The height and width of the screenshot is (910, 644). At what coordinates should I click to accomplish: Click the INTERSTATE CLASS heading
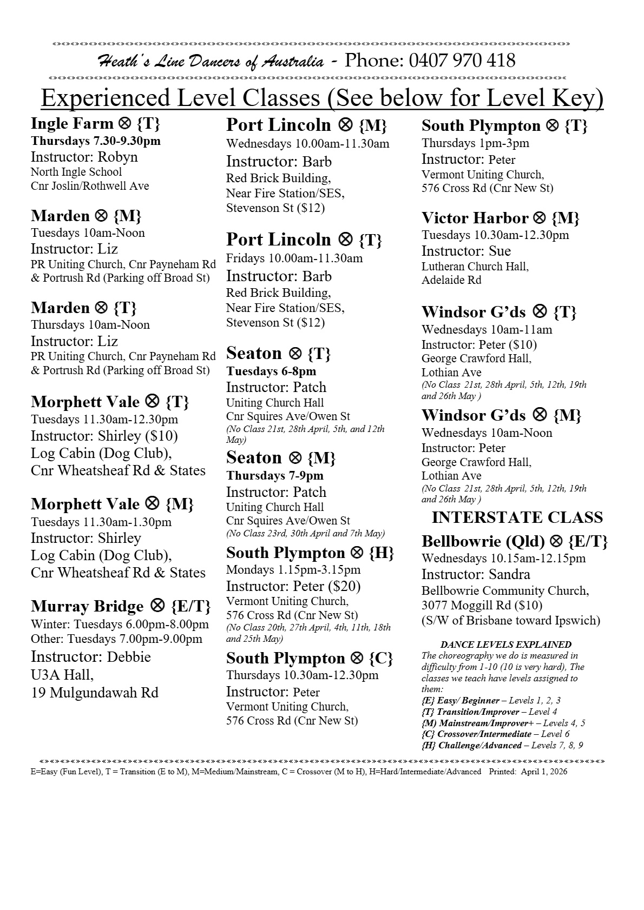coord(517,517)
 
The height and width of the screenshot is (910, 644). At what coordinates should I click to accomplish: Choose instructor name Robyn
coord(117,157)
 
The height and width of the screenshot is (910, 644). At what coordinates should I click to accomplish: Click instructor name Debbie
coord(129,657)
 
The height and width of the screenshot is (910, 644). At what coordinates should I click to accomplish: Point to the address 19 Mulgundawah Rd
coord(94,693)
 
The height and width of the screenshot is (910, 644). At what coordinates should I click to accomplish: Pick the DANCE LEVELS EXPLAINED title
coord(505,645)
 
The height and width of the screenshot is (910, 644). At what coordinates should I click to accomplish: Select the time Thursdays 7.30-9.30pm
coord(95,141)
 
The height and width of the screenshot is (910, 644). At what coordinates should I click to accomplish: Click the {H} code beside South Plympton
coord(381,553)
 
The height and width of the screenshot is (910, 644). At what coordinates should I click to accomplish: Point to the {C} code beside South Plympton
coord(380,659)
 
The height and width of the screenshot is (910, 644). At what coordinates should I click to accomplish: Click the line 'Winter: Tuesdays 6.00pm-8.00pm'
coord(120,625)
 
